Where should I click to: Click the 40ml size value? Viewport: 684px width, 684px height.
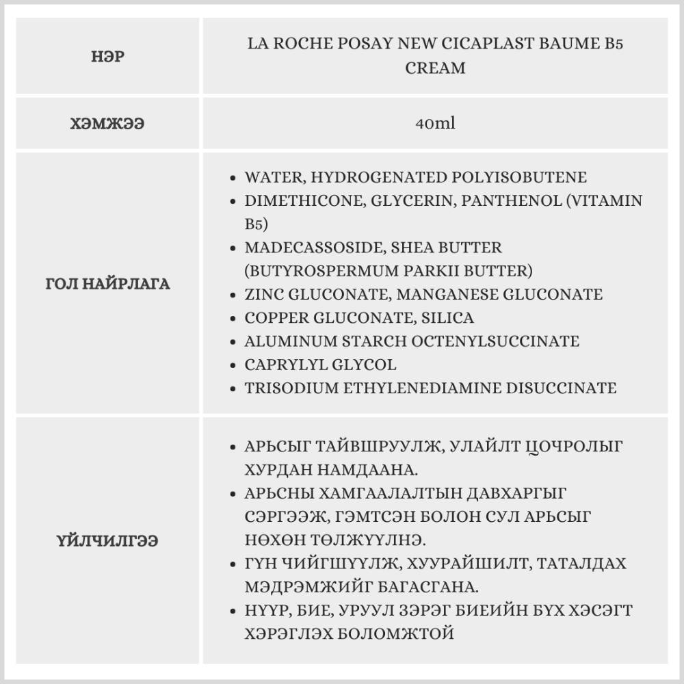coord(434,124)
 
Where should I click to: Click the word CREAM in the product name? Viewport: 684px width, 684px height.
coord(435,68)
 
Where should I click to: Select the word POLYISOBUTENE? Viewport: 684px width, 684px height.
coord(519,177)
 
